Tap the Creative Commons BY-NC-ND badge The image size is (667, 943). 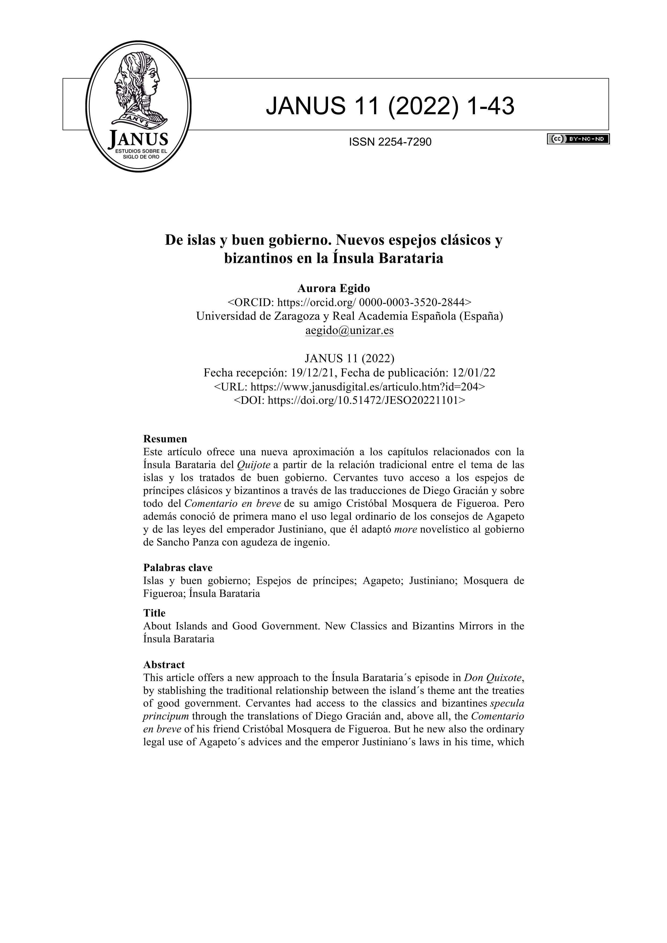click(x=578, y=139)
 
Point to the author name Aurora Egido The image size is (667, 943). click(x=333, y=288)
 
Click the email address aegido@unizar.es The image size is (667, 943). click(x=349, y=330)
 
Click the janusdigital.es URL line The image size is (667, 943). click(x=349, y=387)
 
